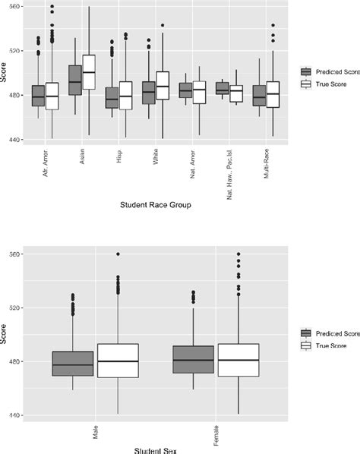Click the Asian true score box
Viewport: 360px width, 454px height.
pyautogui.click(x=89, y=72)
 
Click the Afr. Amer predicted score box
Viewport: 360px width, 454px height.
pyautogui.click(x=38, y=96)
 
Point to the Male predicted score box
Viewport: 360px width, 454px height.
pyautogui.click(x=73, y=364)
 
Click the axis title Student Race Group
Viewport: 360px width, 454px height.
pyautogui.click(x=154, y=205)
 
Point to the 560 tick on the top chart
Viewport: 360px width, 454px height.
pyautogui.click(x=14, y=7)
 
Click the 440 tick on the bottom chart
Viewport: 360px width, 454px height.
pyautogui.click(x=14, y=415)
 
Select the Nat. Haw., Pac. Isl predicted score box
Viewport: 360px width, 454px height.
pyautogui.click(x=222, y=88)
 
